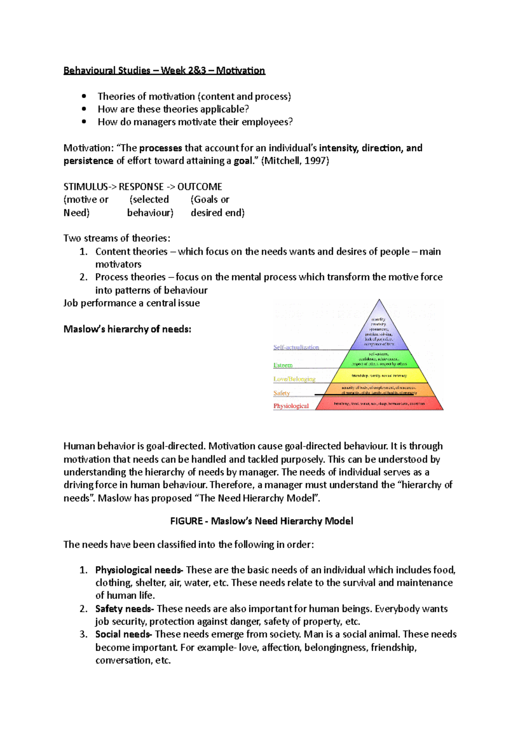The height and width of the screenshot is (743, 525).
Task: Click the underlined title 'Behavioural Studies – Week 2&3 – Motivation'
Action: click(x=164, y=70)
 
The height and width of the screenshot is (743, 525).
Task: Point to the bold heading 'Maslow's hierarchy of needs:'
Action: click(x=127, y=329)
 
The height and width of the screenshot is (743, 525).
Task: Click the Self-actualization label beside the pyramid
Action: click(x=296, y=347)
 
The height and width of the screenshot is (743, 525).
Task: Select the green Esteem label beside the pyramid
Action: click(x=283, y=365)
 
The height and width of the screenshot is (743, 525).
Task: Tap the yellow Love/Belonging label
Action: click(x=294, y=379)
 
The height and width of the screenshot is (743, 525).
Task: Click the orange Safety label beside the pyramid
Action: click(x=281, y=393)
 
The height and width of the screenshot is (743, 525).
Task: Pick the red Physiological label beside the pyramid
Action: click(x=291, y=406)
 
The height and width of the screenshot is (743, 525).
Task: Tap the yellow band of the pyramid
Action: click(x=379, y=376)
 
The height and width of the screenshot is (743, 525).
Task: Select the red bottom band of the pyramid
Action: click(x=379, y=404)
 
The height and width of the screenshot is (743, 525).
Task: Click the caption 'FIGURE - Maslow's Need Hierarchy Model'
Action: click(x=261, y=521)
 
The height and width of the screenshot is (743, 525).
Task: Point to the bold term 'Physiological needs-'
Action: click(x=139, y=570)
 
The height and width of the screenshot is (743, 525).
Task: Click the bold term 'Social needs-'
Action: click(x=124, y=634)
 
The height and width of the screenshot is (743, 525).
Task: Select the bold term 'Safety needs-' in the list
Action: click(x=125, y=609)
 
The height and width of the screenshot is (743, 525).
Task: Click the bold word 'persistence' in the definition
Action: click(x=88, y=161)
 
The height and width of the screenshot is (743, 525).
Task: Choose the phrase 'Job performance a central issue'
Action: click(x=131, y=303)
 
